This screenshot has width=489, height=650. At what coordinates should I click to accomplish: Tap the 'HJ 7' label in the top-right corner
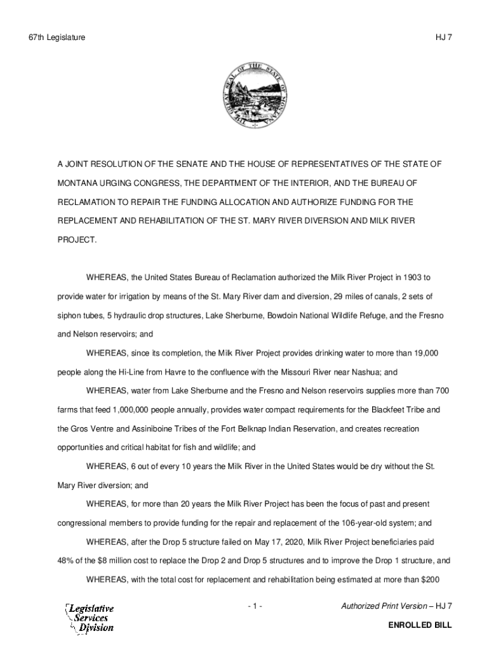pos(443,38)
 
